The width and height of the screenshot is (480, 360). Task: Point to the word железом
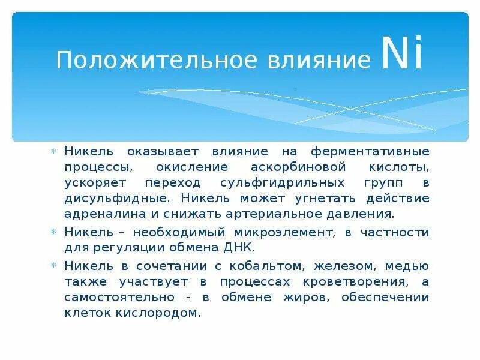pos(329,266)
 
